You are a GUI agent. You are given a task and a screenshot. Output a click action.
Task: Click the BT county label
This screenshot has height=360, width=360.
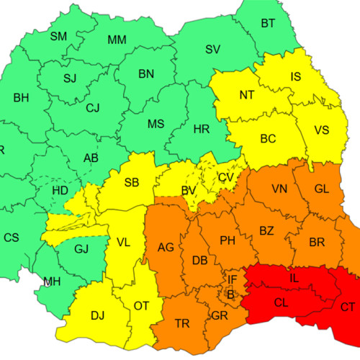click(x=268, y=24)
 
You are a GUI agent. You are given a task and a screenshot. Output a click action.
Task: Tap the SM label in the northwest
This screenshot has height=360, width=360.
click(x=59, y=36)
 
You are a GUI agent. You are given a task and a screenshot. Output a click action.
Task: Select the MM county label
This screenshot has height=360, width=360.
click(x=117, y=40)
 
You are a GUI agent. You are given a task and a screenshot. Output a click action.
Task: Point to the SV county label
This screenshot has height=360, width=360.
click(x=212, y=49)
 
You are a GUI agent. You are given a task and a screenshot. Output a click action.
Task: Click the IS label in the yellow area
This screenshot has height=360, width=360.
click(x=296, y=76)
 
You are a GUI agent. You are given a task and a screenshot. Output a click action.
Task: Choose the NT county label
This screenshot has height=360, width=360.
click(x=247, y=95)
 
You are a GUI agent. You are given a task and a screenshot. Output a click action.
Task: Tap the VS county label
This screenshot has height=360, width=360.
click(x=323, y=130)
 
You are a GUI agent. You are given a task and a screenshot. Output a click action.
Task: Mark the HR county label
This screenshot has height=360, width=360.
click(x=202, y=130)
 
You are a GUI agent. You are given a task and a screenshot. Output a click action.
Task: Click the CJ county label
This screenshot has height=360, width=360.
click(x=93, y=109)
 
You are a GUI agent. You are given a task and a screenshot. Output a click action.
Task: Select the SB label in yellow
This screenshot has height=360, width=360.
click(x=132, y=182)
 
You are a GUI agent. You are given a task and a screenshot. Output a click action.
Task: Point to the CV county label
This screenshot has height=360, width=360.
click(x=226, y=177)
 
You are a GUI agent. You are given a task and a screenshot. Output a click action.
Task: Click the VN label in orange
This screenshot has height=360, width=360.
click(x=279, y=189)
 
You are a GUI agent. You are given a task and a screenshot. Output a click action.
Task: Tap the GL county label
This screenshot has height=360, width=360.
click(x=322, y=189)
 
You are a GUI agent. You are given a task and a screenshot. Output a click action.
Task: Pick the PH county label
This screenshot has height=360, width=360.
click(x=228, y=240)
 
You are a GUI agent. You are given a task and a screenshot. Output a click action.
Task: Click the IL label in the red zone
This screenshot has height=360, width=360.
click(x=294, y=278)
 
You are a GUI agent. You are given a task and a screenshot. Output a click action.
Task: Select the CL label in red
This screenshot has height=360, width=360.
click(x=282, y=302)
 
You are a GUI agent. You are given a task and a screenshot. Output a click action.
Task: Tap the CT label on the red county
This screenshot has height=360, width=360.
click(x=348, y=307)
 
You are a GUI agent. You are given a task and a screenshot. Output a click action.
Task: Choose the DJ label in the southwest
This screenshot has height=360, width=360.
click(x=97, y=314)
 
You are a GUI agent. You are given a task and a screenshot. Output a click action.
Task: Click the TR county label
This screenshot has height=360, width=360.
click(x=182, y=323)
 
